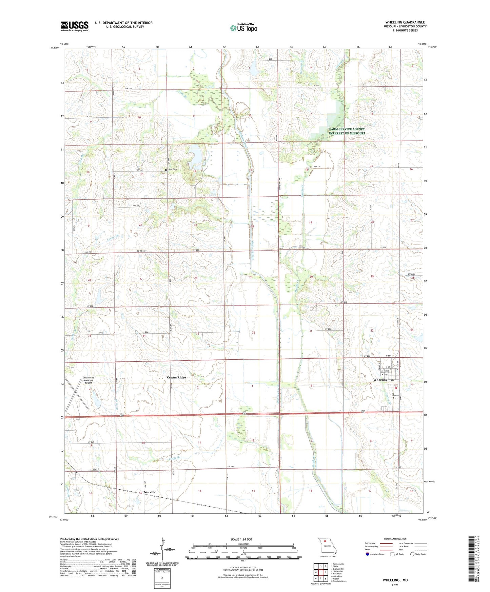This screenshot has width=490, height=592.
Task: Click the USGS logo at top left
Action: coord(74,26)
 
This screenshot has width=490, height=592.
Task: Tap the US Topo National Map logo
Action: coord(243,27)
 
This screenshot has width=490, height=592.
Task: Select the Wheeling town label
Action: coord(380,380)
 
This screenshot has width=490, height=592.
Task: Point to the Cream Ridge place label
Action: coord(176,377)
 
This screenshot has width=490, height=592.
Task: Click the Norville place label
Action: coord(150,492)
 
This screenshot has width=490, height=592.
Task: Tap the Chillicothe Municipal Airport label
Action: coord(87,380)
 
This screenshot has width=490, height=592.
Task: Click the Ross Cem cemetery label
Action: coord(172,170)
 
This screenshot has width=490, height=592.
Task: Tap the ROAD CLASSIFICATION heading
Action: coord(395,539)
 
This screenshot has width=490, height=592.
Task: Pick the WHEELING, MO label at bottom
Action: coord(395,580)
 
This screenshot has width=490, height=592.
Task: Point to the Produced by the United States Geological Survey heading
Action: coord(90,539)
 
